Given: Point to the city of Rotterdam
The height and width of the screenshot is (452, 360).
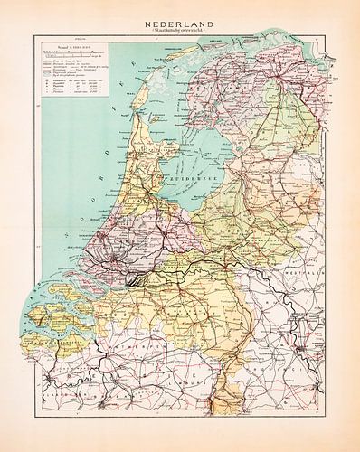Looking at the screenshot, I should coord(117,268).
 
